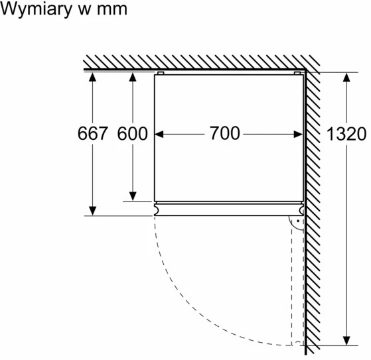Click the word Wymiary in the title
click(37, 10)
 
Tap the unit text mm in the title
click(112, 10)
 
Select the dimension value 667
click(93, 133)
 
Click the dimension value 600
click(133, 133)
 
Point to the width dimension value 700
click(225, 133)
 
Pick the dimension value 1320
click(346, 134)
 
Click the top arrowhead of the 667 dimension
click(92, 77)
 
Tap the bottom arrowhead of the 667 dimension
click(92, 211)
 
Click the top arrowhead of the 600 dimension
click(133, 77)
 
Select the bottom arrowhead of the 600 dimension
click(133, 196)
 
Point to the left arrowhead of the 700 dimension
click(159, 135)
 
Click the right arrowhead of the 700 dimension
click(298, 135)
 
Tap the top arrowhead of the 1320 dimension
click(346, 78)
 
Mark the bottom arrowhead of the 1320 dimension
click(346, 340)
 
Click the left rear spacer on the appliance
click(161, 73)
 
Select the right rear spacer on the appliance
click(297, 73)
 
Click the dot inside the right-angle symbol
click(298, 221)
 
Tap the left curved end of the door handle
click(156, 210)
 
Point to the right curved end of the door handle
click(301, 210)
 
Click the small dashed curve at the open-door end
click(298, 342)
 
